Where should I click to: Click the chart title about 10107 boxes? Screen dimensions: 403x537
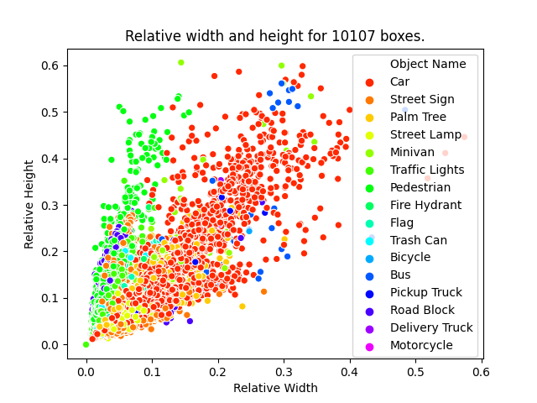[x=274, y=36]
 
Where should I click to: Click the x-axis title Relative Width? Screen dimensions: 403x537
[x=274, y=388]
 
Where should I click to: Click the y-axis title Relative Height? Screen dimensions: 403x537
[x=29, y=204]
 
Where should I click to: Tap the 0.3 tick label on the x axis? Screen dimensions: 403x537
[x=283, y=369]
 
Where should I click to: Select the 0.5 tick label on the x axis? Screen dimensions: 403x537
[x=414, y=369]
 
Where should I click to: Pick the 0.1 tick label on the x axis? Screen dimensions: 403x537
[x=151, y=369]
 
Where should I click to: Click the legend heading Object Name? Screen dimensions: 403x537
[x=428, y=64]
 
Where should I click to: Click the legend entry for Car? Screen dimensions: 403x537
[x=399, y=81]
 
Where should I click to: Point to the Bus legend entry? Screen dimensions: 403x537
[x=399, y=275]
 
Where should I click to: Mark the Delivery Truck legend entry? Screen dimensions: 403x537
[x=431, y=327]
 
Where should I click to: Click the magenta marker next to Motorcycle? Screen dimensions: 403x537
[x=369, y=345]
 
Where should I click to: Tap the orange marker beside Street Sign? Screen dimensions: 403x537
[x=369, y=99]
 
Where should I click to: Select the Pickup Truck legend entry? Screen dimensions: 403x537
[x=425, y=292]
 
